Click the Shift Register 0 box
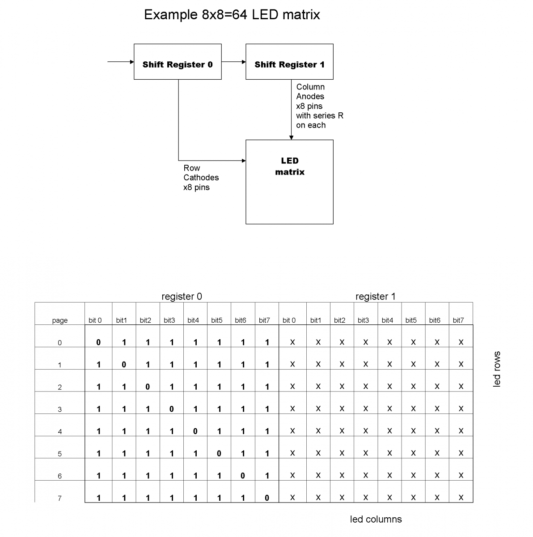178,62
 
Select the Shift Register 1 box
289,62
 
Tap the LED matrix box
289,182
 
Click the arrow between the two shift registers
233,62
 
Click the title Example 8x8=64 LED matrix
232,15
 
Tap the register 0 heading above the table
182,296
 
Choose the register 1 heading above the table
375,296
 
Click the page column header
60,320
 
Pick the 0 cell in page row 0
98,342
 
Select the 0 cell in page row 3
172,409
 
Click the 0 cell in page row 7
267,498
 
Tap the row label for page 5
60,454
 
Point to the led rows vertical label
497,369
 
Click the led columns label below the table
376,519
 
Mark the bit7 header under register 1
458,320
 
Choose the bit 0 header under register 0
95,320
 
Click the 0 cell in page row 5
219,453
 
